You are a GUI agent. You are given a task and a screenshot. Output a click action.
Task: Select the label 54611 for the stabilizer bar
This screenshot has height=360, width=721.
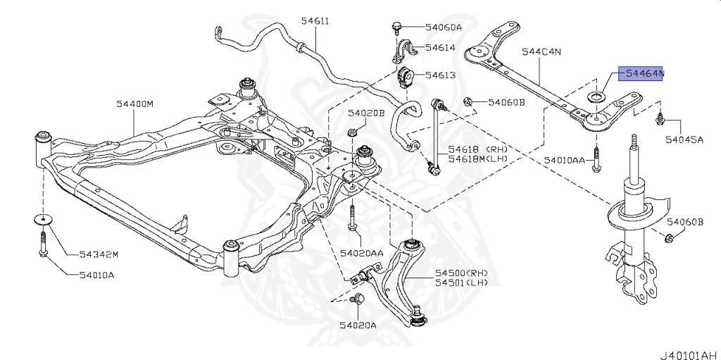[315, 20]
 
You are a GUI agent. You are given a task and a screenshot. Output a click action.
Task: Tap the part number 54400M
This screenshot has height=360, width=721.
[134, 104]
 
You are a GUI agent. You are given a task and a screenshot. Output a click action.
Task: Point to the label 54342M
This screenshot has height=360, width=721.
[99, 254]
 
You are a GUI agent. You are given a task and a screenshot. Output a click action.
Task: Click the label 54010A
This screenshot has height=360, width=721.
[96, 275]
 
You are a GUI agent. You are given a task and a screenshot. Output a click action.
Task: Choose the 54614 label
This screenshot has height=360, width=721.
[440, 47]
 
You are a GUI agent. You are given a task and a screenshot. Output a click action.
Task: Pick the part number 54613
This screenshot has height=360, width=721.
[440, 75]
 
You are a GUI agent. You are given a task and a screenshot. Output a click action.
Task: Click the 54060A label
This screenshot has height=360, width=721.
[444, 27]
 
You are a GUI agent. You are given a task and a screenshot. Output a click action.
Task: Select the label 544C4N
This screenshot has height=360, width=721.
[541, 52]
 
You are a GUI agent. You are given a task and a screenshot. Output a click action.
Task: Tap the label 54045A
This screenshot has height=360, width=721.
[684, 140]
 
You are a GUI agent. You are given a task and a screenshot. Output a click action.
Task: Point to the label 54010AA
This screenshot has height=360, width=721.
[565, 160]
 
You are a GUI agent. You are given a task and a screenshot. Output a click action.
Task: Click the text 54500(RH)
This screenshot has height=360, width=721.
[462, 273]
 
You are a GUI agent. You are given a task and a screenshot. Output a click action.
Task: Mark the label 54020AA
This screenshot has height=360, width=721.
[361, 253]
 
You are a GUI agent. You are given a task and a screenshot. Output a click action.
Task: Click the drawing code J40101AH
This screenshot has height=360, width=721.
[690, 355]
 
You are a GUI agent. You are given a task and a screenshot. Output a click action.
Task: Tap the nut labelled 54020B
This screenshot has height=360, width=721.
[351, 132]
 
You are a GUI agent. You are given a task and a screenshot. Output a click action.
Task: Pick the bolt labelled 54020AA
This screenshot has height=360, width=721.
[352, 217]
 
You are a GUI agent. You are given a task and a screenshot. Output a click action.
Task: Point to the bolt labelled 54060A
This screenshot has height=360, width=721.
[396, 27]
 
